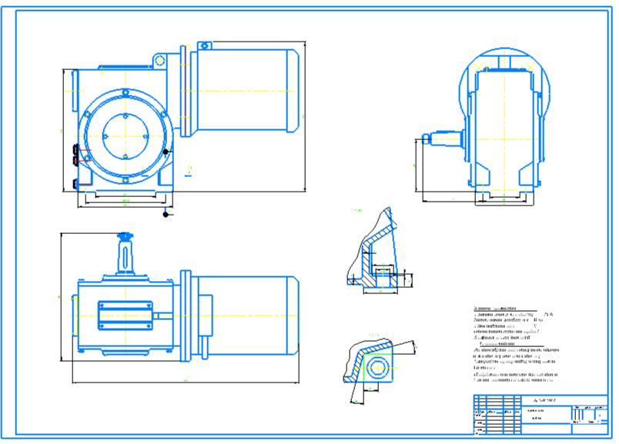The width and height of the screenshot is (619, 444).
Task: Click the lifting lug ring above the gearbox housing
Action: pos(158,59)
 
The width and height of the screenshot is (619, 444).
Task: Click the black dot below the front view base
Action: pos(165,214)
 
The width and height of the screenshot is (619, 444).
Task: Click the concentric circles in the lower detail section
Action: pos(378,366)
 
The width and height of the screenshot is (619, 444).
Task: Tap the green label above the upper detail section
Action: pos(355,209)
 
